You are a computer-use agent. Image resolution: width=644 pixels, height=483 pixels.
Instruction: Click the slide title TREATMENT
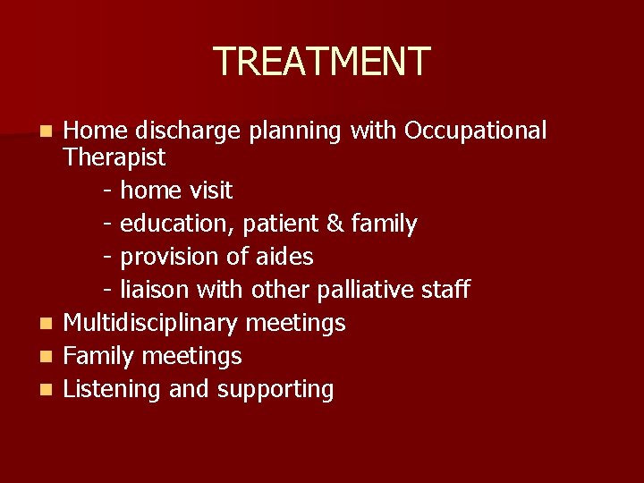pyautogui.click(x=322, y=62)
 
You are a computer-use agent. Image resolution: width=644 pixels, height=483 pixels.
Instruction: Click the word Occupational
pyautogui.click(x=475, y=131)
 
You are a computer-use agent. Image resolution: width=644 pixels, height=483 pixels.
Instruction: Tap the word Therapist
pyautogui.click(x=114, y=157)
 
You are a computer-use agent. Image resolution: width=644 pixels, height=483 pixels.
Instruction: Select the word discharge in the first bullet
pyautogui.click(x=188, y=131)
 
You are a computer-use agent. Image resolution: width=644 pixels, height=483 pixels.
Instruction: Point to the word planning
pyautogui.click(x=295, y=131)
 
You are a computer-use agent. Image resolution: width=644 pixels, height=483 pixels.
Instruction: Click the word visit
pyautogui.click(x=210, y=191)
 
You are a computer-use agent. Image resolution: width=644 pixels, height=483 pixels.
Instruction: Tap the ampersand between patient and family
pyautogui.click(x=335, y=224)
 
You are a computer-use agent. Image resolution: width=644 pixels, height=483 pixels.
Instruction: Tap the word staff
pyautogui.click(x=444, y=290)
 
